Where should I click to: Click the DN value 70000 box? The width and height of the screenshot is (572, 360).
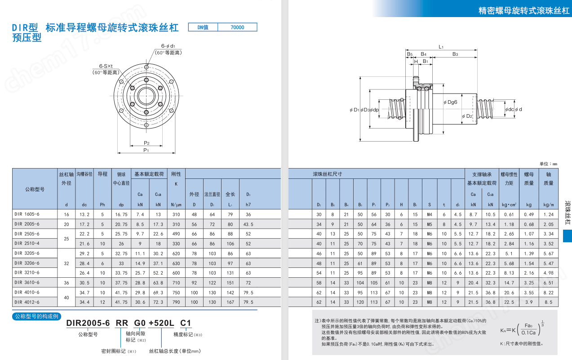(237, 27)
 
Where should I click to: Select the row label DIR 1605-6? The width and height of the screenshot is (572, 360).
(27, 214)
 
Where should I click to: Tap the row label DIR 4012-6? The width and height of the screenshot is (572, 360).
(27, 302)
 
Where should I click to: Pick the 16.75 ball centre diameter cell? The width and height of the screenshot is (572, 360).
(121, 214)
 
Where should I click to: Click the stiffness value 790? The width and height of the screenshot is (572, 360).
(176, 302)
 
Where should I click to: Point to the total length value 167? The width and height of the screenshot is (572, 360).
(231, 302)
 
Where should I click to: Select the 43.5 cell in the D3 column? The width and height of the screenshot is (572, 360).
(248, 224)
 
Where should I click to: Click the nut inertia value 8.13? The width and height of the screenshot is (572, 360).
(509, 273)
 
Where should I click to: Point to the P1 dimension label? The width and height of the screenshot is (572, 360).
(146, 150)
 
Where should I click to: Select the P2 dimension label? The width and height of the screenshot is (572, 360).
(146, 143)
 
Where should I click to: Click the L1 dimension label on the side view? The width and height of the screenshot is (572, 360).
(441, 46)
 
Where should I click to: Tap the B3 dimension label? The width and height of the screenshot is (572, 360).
(455, 54)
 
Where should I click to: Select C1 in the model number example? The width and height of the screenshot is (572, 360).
(186, 323)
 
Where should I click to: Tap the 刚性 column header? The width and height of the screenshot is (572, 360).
(176, 174)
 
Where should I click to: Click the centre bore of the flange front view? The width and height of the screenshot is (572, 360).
(146, 96)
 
